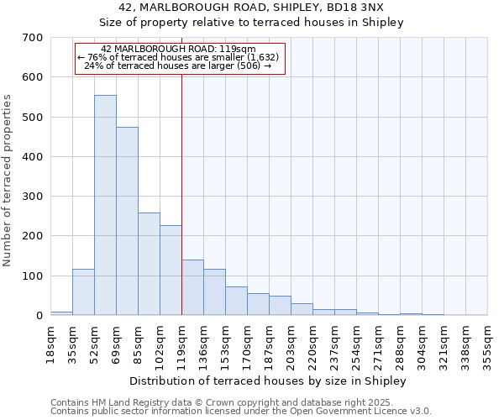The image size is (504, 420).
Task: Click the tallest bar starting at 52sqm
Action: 105,206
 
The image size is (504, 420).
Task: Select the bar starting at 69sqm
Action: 127,222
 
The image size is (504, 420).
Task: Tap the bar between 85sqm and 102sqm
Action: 149,265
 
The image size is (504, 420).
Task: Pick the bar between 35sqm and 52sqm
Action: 83,292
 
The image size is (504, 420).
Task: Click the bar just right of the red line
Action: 192,288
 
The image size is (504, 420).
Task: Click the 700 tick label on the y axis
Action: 33,38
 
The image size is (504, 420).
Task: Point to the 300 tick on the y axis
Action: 33,197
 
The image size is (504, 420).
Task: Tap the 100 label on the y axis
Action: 33,276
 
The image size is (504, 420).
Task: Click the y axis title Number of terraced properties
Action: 8,181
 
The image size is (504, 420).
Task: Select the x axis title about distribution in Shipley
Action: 269,381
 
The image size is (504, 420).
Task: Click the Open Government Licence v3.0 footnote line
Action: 241,412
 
